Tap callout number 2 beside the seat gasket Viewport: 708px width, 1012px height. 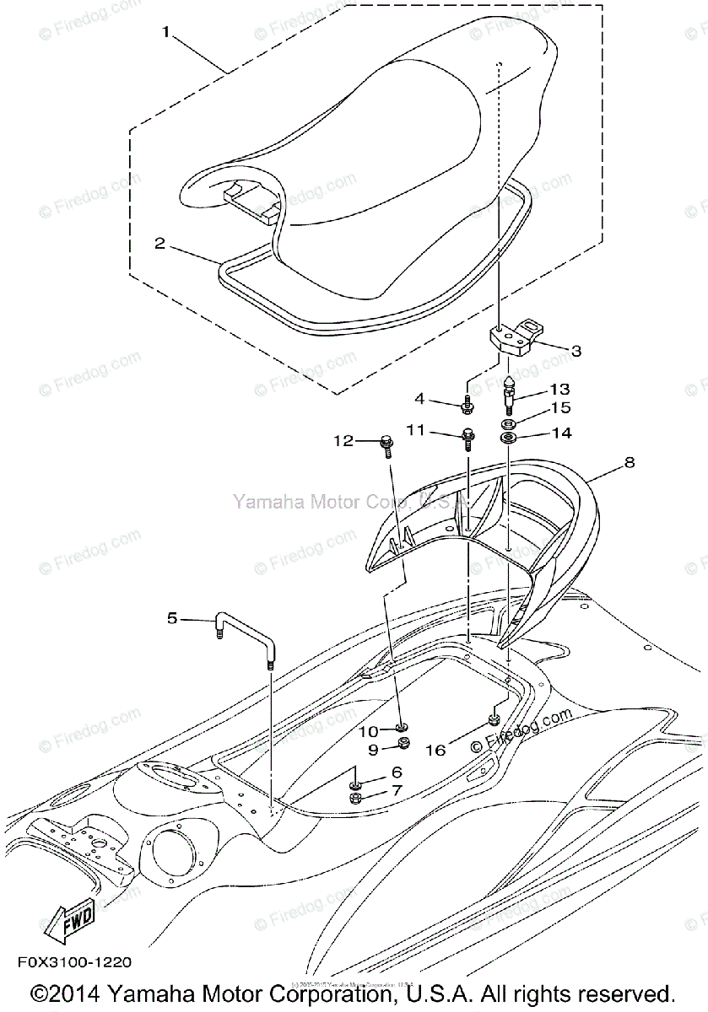click(159, 244)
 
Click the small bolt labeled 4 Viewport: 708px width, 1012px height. click(467, 406)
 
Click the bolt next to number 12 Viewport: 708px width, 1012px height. click(387, 443)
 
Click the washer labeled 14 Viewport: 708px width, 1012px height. click(509, 438)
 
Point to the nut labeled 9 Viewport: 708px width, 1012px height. click(403, 743)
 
